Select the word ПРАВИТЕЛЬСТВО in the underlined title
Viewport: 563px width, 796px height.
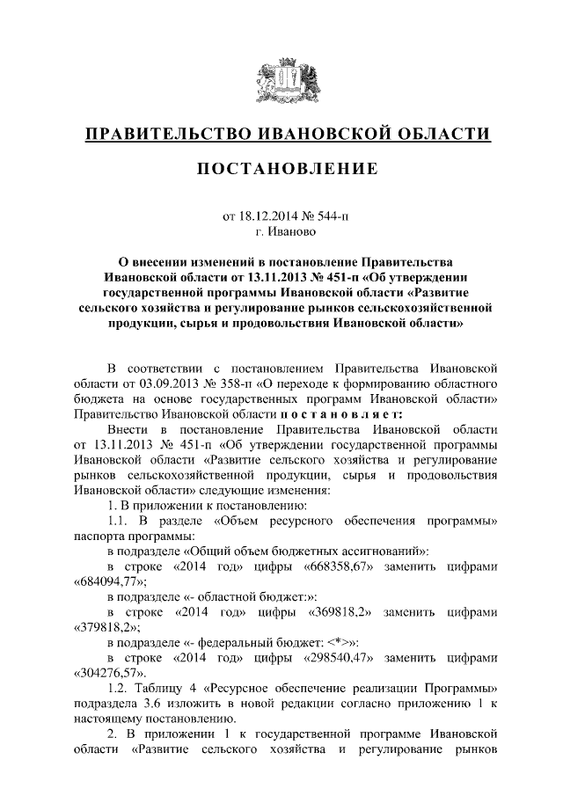164,134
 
